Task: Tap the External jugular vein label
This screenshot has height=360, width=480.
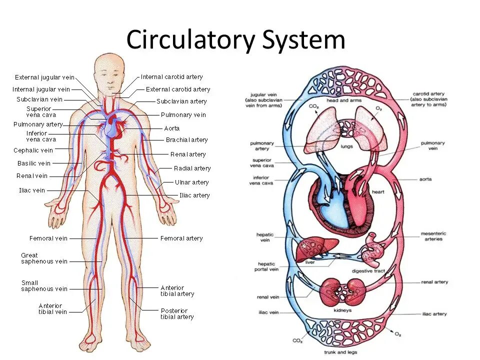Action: click(x=44, y=77)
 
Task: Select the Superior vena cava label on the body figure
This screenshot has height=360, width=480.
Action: click(x=38, y=112)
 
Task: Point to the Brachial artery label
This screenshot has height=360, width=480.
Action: click(x=186, y=140)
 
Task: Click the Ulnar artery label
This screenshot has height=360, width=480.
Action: click(x=191, y=182)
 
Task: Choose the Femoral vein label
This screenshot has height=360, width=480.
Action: click(x=48, y=238)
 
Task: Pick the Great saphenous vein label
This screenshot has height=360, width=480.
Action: click(x=44, y=258)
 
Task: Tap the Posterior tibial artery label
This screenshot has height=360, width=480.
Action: click(x=177, y=313)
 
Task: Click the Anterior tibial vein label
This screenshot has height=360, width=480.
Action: click(x=52, y=308)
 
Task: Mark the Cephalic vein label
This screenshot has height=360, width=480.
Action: click(x=33, y=150)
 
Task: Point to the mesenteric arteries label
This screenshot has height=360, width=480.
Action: click(x=433, y=236)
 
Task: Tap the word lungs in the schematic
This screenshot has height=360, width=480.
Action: click(x=346, y=147)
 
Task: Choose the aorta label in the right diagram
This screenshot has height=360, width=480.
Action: click(x=425, y=179)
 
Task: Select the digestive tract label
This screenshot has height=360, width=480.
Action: click(x=367, y=271)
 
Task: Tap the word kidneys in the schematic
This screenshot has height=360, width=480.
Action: click(x=343, y=310)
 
